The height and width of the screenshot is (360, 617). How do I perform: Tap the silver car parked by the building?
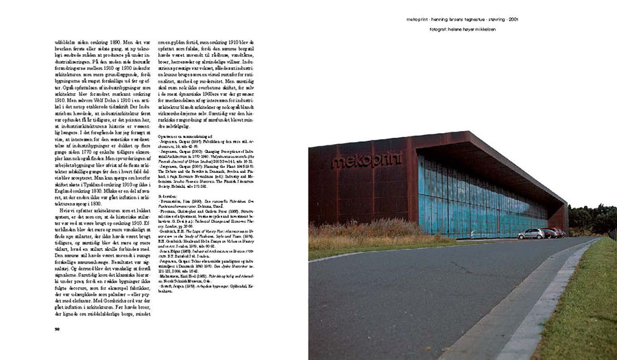[531, 234]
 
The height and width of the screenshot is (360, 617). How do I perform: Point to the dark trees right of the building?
[592, 219]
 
